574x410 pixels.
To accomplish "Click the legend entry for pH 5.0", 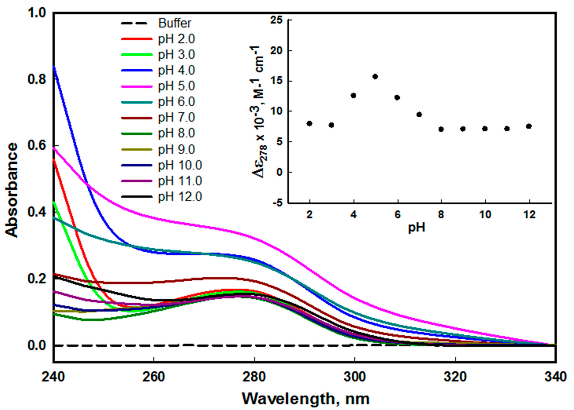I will pos(176,86).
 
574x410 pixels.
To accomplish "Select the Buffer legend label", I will pos(174,23).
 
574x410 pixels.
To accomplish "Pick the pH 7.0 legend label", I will pos(176,118).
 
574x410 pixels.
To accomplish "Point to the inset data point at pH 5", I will pos(375,76).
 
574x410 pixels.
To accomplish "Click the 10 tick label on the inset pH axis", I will pos(485,215).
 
